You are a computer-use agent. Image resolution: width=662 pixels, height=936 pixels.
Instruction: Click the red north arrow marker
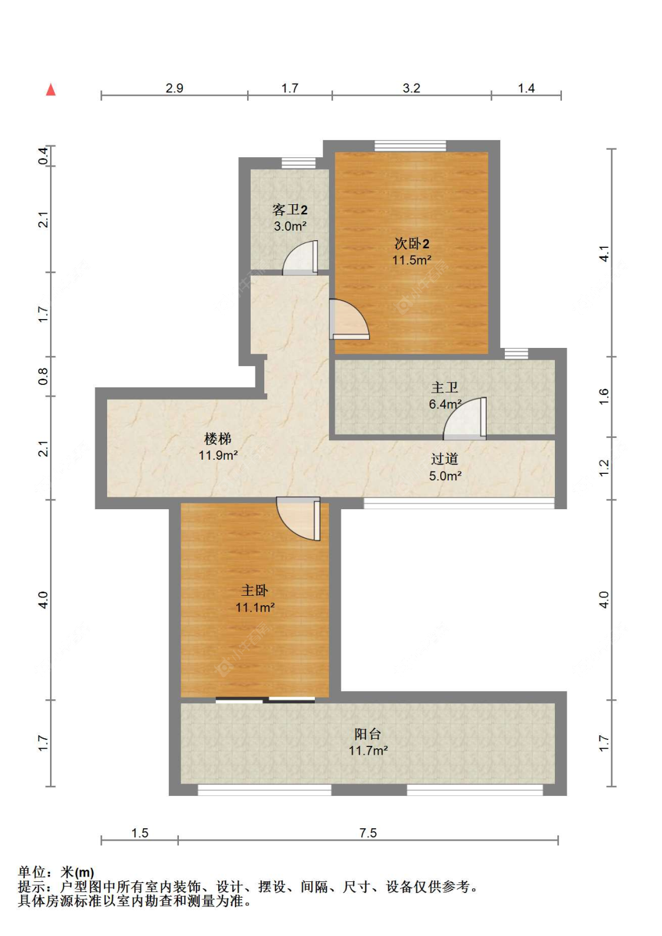click(51, 89)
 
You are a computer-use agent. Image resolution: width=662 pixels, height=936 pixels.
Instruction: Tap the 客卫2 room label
click(290, 210)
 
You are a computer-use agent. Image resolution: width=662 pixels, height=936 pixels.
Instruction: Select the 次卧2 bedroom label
click(412, 243)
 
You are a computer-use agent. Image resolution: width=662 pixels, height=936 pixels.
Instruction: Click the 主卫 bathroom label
click(444, 387)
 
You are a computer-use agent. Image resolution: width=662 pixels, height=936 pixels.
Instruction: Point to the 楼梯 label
click(218, 439)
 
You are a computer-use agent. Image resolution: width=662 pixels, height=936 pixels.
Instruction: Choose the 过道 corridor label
click(444, 459)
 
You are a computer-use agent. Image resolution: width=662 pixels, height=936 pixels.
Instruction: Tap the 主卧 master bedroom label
click(254, 590)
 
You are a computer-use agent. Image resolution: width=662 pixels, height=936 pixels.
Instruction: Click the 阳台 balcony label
click(368, 733)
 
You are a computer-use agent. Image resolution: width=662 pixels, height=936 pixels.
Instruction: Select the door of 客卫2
click(300, 258)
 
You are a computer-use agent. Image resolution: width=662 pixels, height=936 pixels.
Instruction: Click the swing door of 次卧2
click(349, 319)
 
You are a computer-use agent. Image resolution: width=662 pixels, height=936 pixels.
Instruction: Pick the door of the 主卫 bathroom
click(464, 419)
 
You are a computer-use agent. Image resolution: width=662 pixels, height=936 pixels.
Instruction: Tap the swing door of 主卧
click(298, 519)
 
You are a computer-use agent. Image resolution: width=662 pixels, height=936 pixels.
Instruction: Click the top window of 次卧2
click(410, 146)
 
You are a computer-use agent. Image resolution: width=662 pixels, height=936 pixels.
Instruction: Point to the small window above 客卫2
click(298, 163)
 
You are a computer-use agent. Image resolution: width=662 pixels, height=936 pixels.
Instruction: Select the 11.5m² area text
click(412, 260)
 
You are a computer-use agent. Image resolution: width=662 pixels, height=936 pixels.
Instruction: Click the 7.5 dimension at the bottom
click(368, 833)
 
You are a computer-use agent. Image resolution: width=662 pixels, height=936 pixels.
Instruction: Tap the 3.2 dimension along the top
click(411, 88)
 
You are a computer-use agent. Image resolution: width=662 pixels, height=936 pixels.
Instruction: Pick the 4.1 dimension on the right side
click(604, 254)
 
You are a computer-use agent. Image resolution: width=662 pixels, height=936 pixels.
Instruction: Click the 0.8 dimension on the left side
click(43, 377)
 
